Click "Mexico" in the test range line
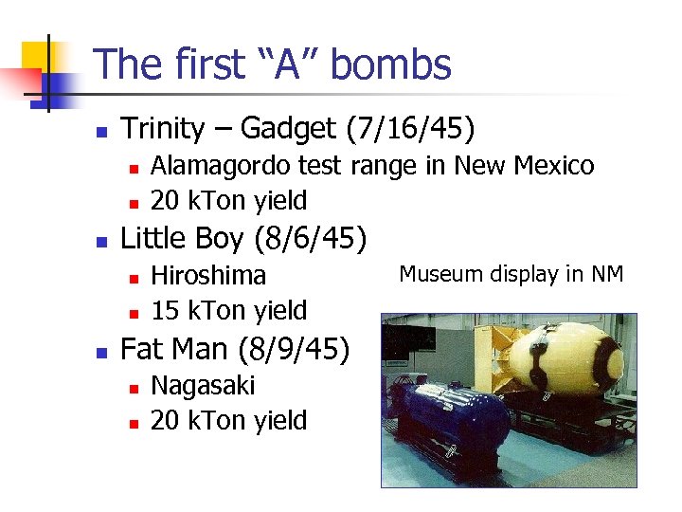(553, 166)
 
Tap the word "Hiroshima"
(208, 275)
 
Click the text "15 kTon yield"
(229, 310)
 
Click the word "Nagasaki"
(203, 385)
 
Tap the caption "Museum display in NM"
(511, 274)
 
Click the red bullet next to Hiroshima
(134, 277)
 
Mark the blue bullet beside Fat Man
(103, 351)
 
